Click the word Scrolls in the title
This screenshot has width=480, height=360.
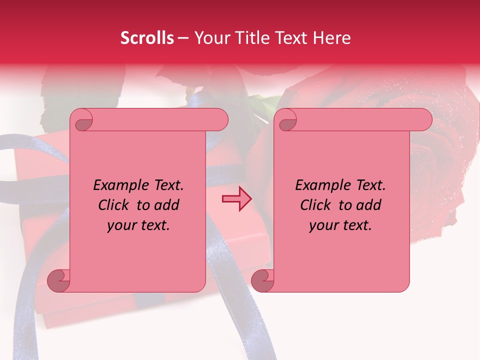point(147,38)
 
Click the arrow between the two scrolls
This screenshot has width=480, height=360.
point(237,199)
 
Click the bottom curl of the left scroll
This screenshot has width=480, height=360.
point(58,280)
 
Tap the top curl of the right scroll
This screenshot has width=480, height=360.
point(286,120)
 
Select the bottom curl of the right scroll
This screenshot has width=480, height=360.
point(262,280)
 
